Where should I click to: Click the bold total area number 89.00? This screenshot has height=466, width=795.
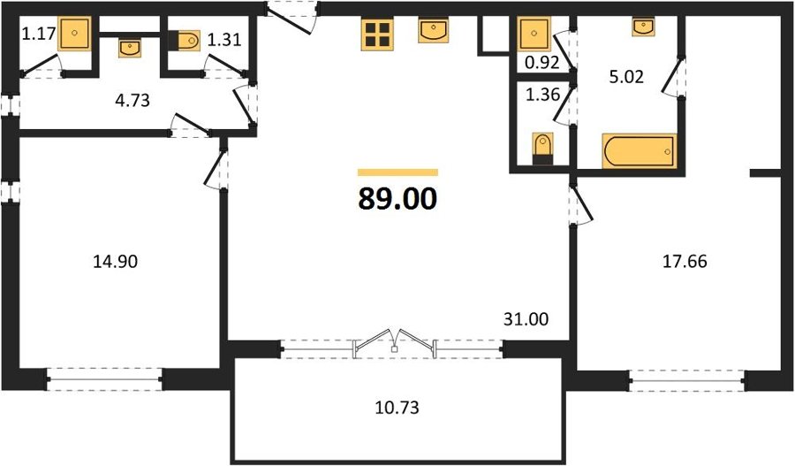(x=397, y=198)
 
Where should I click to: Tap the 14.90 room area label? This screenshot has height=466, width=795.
(x=115, y=262)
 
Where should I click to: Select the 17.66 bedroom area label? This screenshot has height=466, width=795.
(x=685, y=262)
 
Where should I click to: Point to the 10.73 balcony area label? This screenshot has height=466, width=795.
(x=397, y=407)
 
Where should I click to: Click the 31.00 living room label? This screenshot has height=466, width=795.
(x=526, y=319)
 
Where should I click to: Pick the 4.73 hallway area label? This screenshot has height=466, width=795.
(x=132, y=100)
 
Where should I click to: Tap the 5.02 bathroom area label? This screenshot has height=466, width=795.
(x=626, y=77)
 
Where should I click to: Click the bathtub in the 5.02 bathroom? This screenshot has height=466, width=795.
(x=639, y=150)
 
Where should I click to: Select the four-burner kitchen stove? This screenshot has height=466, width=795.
(x=377, y=34)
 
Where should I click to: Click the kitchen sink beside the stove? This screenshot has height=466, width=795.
(x=434, y=30)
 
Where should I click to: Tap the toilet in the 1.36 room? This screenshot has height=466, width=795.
(x=542, y=149)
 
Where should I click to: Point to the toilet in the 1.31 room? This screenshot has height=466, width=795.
(x=185, y=40)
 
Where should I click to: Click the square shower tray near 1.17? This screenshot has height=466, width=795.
(x=74, y=33)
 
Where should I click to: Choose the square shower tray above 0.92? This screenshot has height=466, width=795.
(x=534, y=34)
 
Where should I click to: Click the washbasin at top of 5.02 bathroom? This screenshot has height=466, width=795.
(x=643, y=27)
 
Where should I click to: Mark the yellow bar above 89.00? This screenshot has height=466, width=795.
(x=397, y=172)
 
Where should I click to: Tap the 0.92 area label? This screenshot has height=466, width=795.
(x=542, y=63)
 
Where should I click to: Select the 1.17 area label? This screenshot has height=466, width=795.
(x=38, y=34)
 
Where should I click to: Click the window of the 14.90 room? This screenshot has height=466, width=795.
(x=104, y=379)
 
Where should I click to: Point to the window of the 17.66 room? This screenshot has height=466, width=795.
(x=687, y=380)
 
